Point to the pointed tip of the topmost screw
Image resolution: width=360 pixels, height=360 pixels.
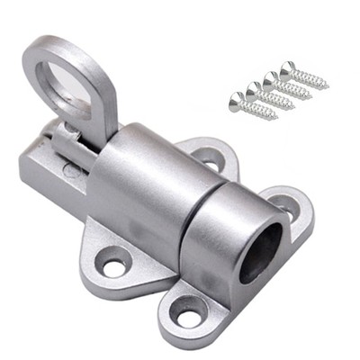coord(326,86)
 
